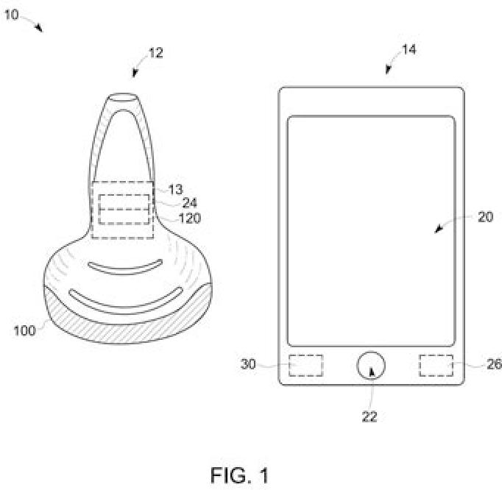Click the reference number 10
(x=12, y=14)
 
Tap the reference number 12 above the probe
(x=155, y=53)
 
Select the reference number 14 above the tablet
(x=409, y=50)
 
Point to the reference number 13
(x=174, y=191)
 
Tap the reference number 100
(x=24, y=330)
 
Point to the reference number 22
(x=370, y=416)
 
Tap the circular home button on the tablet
(x=371, y=365)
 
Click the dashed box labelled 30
(x=305, y=365)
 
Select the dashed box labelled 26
(x=436, y=365)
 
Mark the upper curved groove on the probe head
(x=124, y=266)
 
